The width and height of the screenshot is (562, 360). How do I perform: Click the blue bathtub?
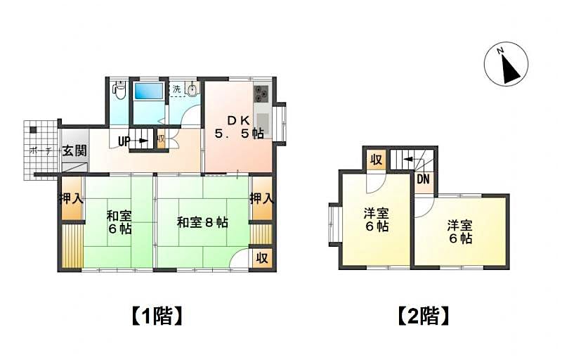point(148,91)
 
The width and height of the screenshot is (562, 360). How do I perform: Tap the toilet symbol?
point(119,90)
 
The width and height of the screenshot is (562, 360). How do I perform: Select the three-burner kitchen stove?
point(261,94)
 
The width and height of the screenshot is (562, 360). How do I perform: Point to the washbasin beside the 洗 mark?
point(192,89)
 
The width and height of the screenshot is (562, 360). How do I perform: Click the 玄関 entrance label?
point(74,150)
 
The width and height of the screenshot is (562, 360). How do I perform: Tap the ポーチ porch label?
point(40,151)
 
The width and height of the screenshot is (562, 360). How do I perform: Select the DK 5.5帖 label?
point(240,127)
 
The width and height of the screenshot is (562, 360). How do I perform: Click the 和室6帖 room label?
point(119,222)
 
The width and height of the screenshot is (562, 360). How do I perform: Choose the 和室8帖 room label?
point(202,223)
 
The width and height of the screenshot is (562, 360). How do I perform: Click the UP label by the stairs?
point(124,141)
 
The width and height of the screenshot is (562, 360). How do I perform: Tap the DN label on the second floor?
point(423,179)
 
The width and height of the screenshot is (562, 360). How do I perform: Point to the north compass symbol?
point(506,64)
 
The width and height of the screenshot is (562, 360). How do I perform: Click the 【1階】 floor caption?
point(157,316)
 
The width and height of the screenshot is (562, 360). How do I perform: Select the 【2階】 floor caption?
point(424,316)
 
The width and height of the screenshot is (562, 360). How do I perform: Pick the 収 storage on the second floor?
point(376,160)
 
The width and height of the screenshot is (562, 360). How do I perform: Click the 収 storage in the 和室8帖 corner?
point(262,257)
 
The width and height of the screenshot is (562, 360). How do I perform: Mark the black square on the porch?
point(33,130)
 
